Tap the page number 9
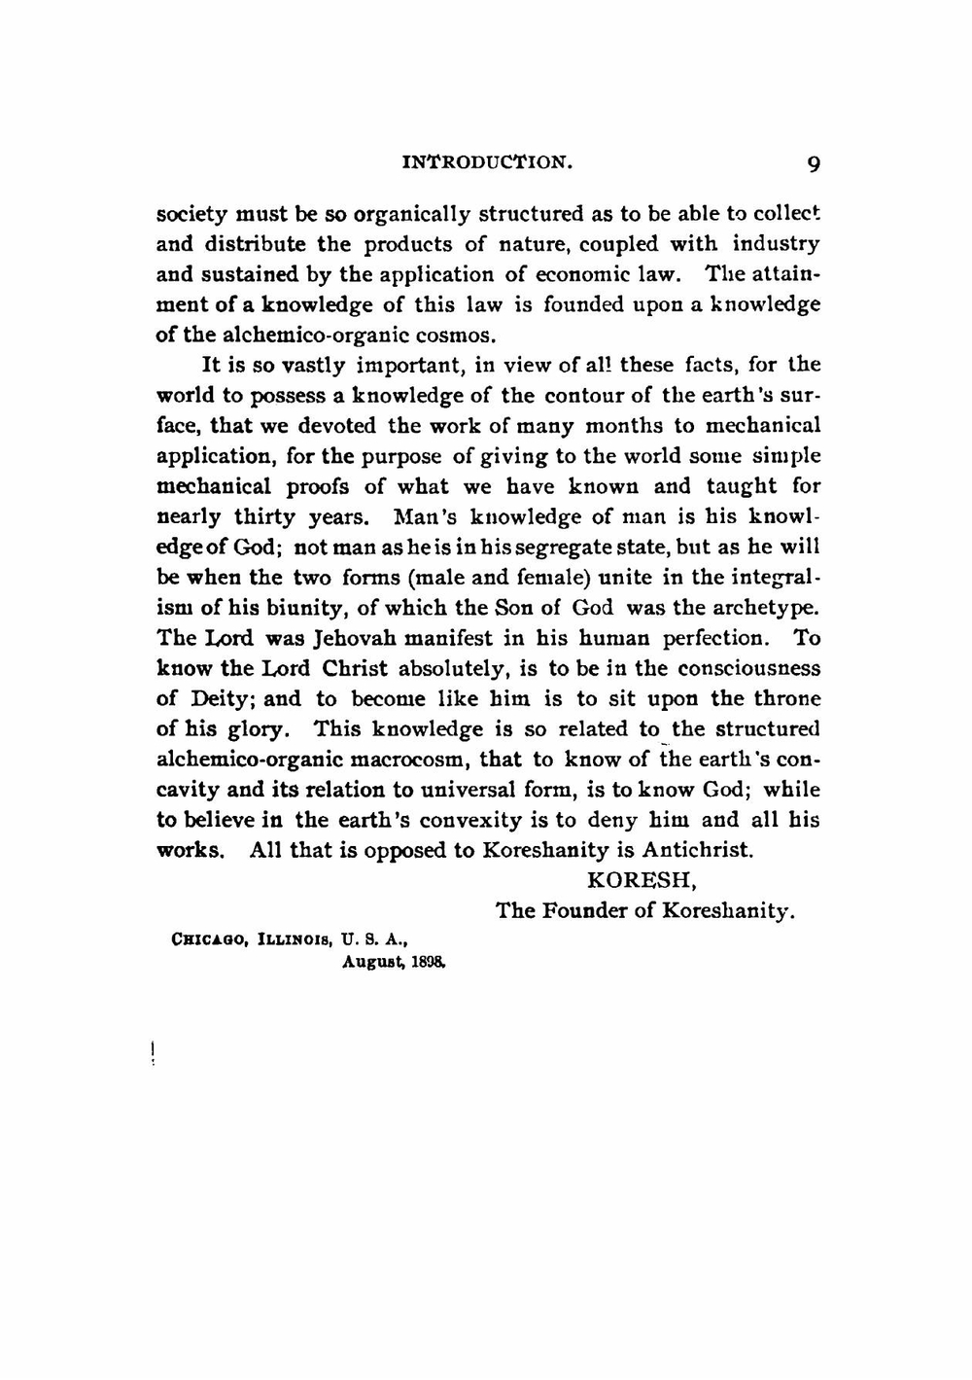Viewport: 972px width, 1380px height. [x=813, y=163]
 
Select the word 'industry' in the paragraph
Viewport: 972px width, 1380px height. [x=776, y=243]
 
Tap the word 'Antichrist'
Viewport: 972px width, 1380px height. [x=696, y=850]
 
